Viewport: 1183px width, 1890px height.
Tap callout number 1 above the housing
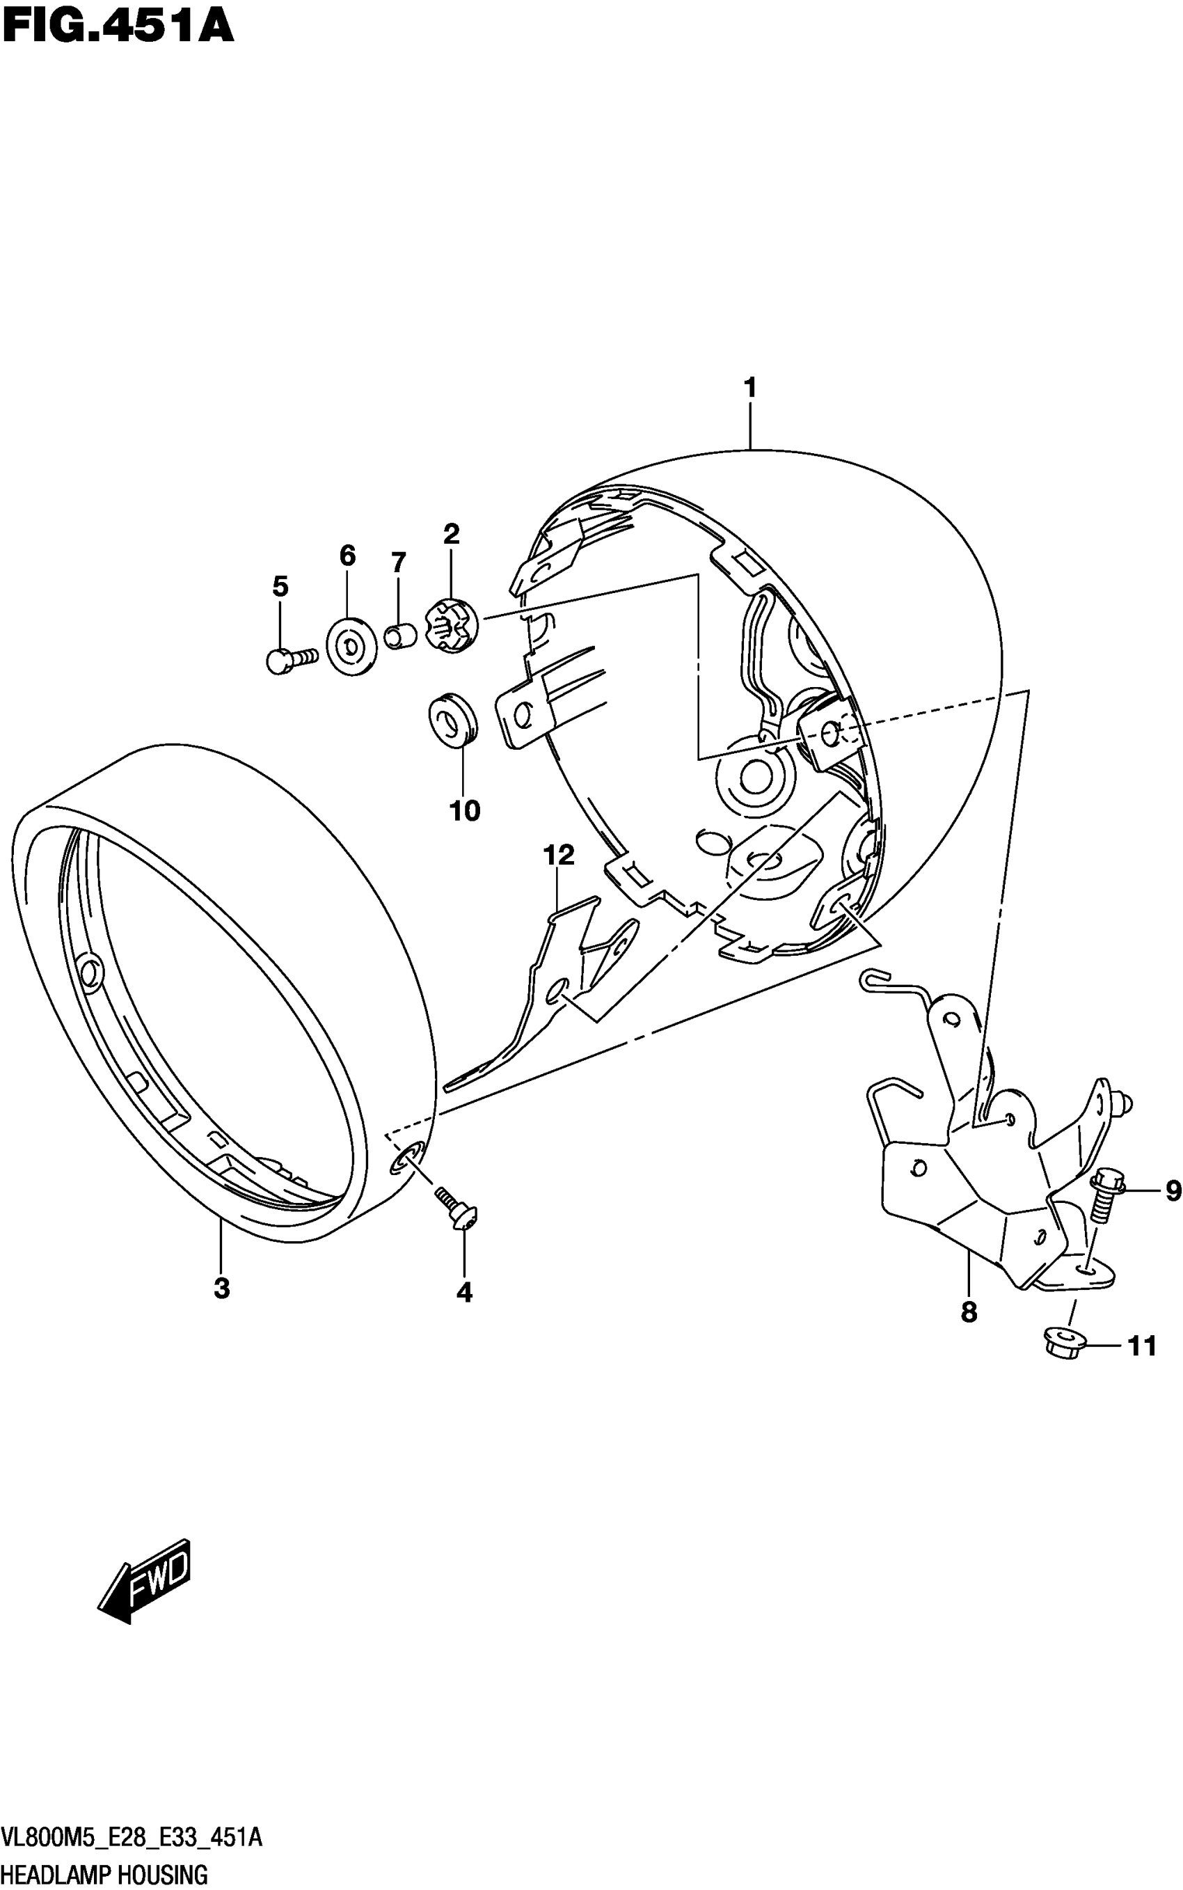749,387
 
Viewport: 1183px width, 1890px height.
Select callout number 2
452,535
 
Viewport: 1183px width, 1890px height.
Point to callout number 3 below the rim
222,1287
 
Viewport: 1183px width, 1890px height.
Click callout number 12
559,856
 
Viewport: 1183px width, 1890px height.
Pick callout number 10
464,811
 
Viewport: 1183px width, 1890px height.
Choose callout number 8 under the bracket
969,1312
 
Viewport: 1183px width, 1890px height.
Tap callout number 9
1172,1191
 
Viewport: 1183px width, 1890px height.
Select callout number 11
1141,1346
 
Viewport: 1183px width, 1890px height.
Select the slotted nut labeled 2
450,624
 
